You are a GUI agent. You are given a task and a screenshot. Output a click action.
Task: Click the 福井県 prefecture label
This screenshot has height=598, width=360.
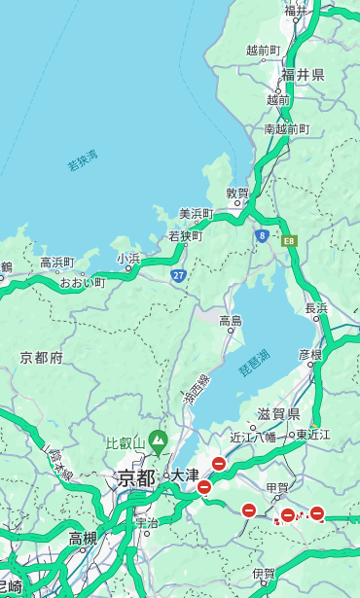point(304,75)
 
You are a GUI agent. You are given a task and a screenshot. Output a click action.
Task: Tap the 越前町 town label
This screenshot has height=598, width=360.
point(263,51)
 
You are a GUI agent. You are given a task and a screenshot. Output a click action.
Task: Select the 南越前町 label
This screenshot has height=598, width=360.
point(286,129)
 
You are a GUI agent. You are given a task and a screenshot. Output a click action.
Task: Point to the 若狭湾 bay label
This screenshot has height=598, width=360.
point(83,160)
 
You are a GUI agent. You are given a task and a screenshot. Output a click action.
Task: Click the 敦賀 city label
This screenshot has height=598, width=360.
point(238,193)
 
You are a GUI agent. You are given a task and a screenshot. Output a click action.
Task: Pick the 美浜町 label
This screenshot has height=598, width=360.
point(197,214)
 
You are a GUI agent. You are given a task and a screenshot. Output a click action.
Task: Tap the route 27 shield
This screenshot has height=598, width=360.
point(179,275)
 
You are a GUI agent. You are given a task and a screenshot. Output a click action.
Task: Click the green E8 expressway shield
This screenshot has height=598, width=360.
point(289,240)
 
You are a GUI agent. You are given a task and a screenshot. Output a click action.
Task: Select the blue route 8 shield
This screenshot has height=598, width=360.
point(262,235)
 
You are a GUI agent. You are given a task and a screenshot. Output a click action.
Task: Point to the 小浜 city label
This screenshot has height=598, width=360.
point(128,258)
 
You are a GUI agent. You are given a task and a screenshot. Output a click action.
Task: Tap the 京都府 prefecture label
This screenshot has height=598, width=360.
point(42,358)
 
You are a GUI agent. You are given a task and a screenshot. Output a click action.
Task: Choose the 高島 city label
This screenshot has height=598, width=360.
point(231,321)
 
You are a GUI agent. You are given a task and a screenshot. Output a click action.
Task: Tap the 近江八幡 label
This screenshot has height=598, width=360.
point(253,437)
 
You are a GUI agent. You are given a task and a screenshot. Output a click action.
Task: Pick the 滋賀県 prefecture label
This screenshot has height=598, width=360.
point(278,413)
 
